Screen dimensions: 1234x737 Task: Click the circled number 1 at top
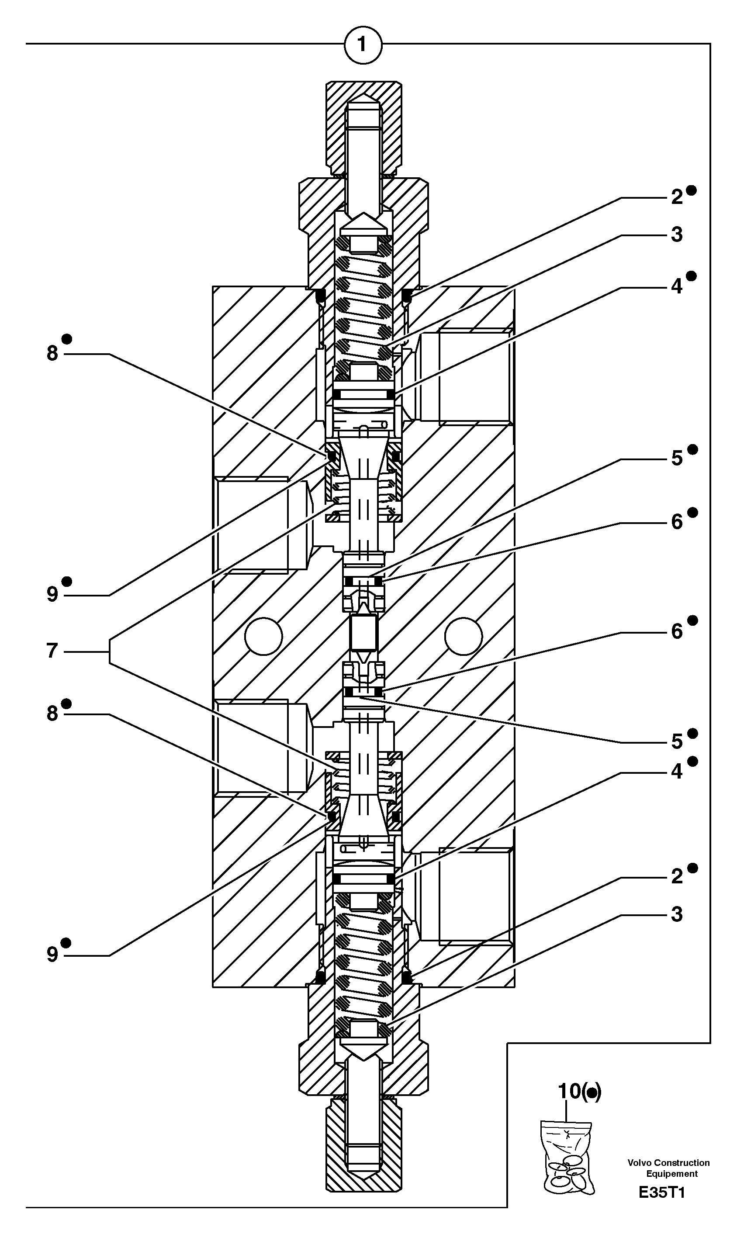coord(363,45)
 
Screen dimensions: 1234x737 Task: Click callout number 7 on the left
coord(52,651)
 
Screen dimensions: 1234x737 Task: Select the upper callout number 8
coord(52,353)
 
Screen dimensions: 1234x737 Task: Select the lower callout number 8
coord(52,714)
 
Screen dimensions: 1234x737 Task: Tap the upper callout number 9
coord(52,594)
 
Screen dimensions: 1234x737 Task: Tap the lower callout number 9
coord(52,955)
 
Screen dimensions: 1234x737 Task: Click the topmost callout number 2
coord(677,197)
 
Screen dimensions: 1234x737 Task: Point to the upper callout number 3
coord(677,234)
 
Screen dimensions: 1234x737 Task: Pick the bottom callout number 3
coord(677,914)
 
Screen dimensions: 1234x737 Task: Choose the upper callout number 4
coord(677,286)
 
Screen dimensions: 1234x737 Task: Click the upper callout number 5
coord(677,458)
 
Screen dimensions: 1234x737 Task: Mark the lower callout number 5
coord(677,742)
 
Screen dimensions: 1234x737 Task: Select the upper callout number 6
coord(677,522)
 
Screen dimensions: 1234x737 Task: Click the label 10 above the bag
coord(570,1090)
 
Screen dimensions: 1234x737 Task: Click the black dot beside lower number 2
coord(693,868)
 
